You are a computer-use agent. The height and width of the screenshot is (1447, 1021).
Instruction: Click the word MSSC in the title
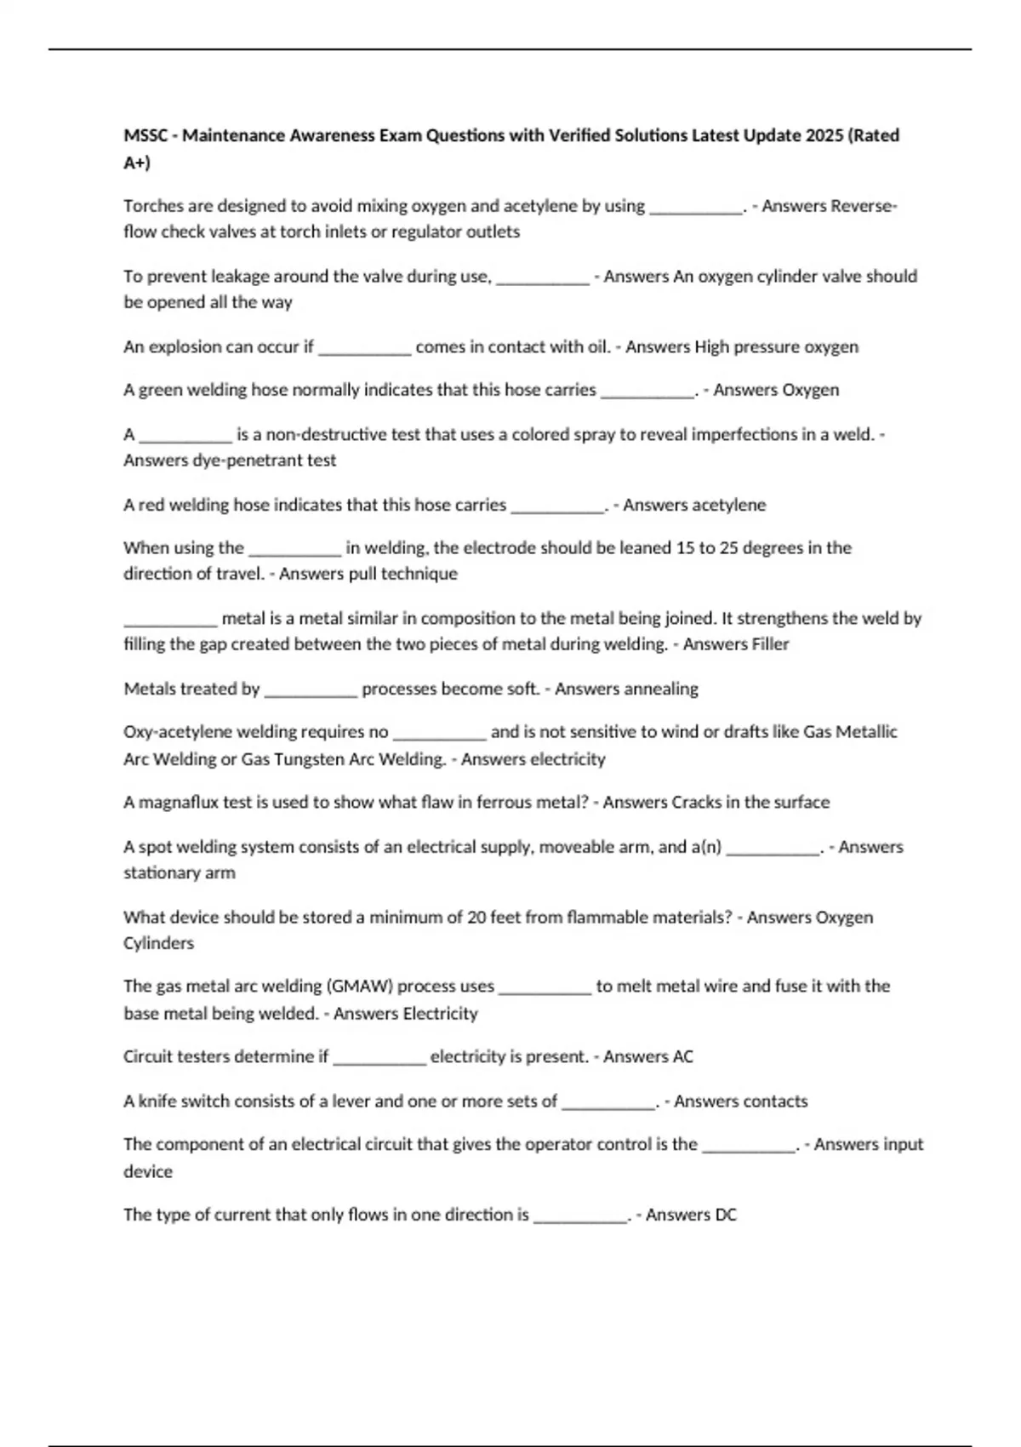[145, 135]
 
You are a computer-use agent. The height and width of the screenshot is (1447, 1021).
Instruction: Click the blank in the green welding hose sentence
[647, 391]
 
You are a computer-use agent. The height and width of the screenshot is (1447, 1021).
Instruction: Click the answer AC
[682, 1057]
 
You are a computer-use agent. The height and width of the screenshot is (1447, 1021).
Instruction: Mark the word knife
[157, 1101]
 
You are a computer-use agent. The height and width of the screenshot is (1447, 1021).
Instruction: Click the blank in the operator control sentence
[749, 1145]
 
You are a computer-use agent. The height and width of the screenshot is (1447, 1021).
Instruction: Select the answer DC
[725, 1215]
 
